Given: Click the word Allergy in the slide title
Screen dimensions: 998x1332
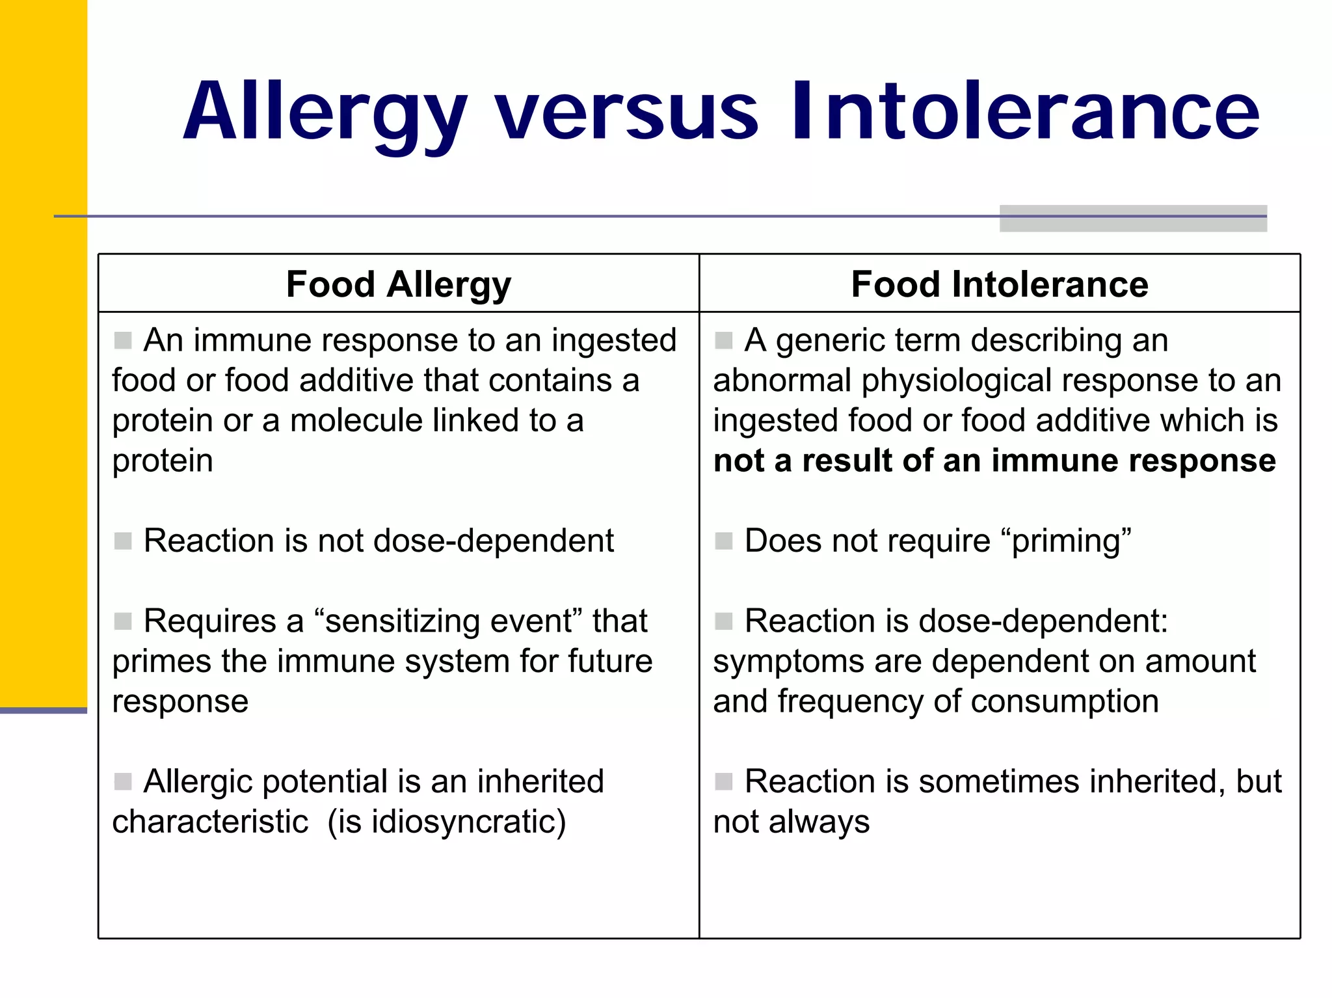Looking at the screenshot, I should pyautogui.click(x=325, y=112).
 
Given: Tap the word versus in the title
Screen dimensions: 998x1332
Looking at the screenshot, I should pyautogui.click(x=627, y=112).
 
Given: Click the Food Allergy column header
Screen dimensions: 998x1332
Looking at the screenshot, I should pyautogui.click(x=398, y=284).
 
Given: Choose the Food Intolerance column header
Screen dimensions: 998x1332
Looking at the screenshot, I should pyautogui.click(x=1000, y=284).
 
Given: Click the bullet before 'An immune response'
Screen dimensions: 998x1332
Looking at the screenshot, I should pyautogui.click(x=123, y=340).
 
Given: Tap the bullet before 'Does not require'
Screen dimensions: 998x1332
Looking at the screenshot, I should pyautogui.click(x=724, y=541).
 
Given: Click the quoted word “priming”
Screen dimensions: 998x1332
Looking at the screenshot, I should pyautogui.click(x=1067, y=541).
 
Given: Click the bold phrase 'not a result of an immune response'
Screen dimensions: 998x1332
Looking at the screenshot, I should pyautogui.click(x=994, y=461).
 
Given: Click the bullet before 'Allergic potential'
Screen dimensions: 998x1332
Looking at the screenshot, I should pyautogui.click(x=123, y=781).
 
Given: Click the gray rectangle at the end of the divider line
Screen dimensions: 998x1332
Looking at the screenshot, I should pyautogui.click(x=1132, y=219).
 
